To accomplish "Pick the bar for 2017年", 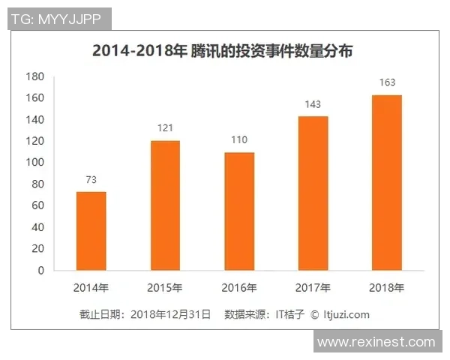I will [313, 193].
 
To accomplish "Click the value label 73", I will [91, 180].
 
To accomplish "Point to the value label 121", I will [165, 128].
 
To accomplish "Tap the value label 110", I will [239, 140].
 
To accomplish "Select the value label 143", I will [313, 104].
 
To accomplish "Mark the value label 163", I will [387, 82].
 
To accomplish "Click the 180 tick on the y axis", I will [35, 76].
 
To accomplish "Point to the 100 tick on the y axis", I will [35, 163].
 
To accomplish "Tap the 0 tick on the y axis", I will [40, 271].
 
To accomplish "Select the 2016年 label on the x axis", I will [239, 287].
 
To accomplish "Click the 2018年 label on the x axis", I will [387, 287].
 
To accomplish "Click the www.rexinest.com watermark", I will [376, 342].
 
